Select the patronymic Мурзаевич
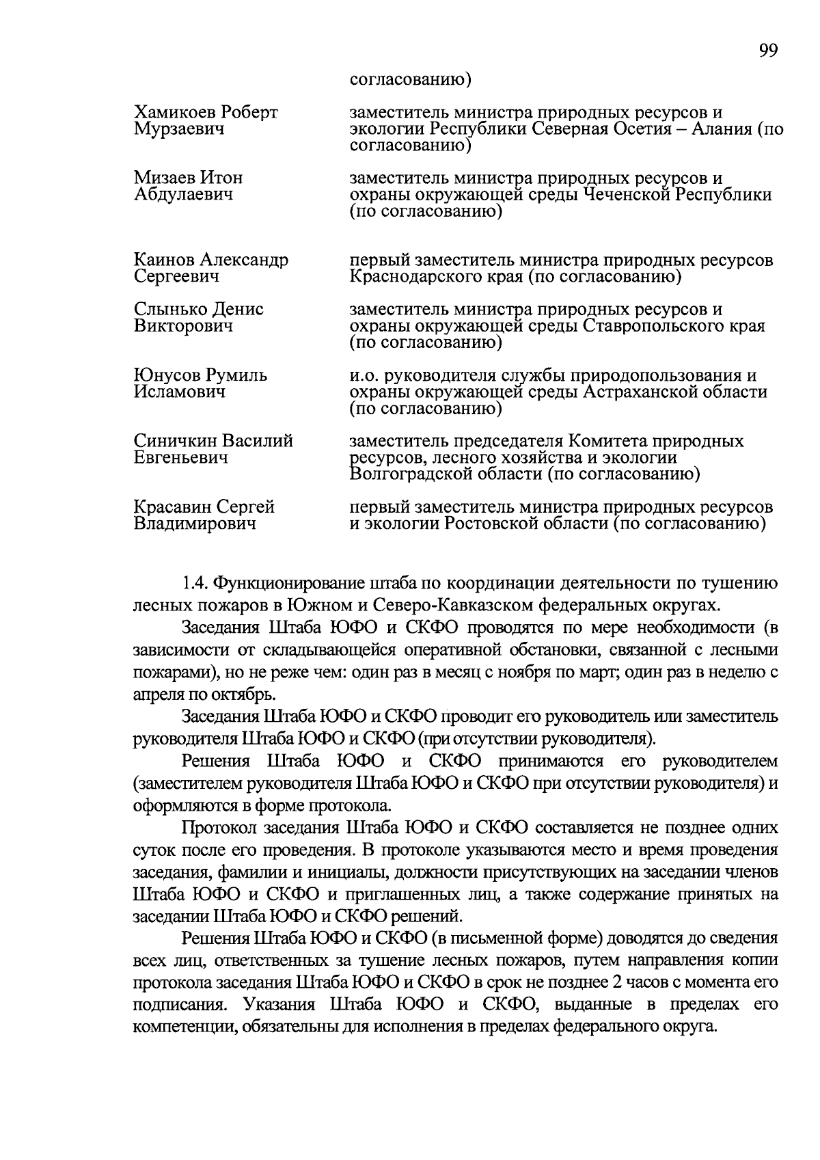click(x=179, y=129)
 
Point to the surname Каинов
click(x=165, y=260)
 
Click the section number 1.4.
click(x=194, y=583)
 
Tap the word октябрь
click(x=241, y=694)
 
